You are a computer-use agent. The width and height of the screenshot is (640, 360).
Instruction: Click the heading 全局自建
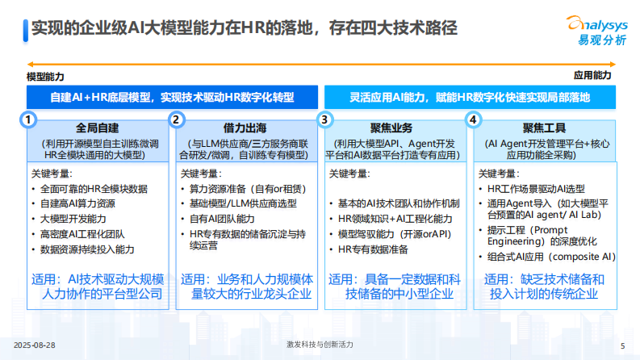click(98, 128)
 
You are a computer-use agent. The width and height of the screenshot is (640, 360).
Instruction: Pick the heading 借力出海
click(246, 128)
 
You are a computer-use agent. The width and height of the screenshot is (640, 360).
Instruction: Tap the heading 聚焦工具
click(544, 128)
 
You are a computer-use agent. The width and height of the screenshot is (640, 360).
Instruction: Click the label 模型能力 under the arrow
click(45, 77)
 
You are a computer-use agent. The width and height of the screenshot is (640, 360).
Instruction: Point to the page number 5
click(622, 345)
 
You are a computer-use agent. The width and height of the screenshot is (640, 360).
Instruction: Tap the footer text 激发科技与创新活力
click(320, 345)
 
